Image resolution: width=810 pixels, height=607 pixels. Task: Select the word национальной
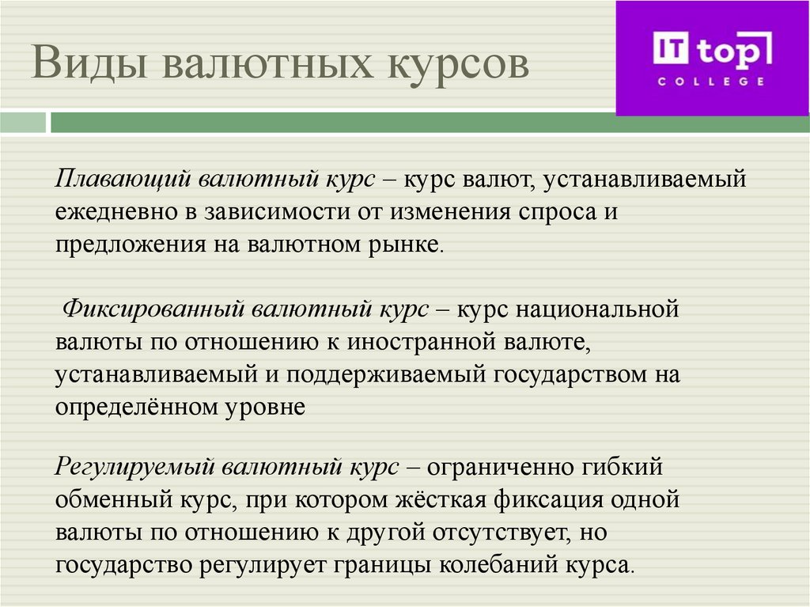pos(597,309)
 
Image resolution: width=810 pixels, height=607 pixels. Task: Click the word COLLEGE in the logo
pos(711,81)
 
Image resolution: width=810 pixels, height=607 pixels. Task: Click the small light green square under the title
pos(23,123)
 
